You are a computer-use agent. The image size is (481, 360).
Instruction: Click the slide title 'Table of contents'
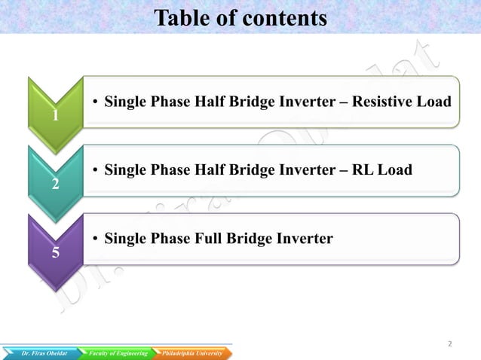pos(240,17)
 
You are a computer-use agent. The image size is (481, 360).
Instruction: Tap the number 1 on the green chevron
pos(56,117)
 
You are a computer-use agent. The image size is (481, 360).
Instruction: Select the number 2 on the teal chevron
pos(56,185)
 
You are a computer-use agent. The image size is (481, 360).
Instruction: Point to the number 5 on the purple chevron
pos(56,253)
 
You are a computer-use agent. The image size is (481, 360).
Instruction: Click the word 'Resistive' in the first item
pos(385,102)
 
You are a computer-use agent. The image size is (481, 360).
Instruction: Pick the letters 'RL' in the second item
pos(361,170)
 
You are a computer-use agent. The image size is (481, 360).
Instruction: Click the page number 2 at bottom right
pos(450,344)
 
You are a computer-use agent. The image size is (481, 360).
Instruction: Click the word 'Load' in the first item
pos(435,102)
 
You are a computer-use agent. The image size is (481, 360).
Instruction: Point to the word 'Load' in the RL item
pos(394,170)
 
